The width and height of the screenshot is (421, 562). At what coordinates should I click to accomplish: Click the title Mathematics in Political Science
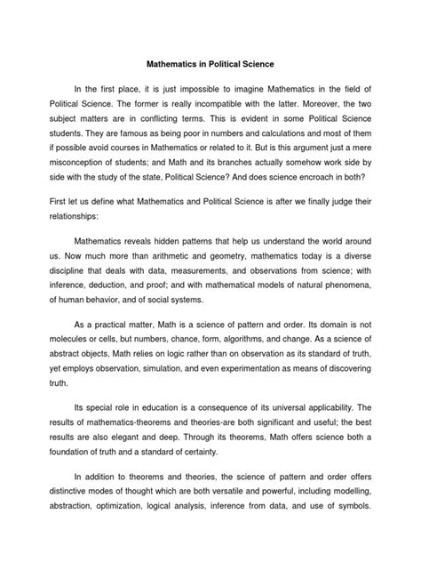click(210, 65)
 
